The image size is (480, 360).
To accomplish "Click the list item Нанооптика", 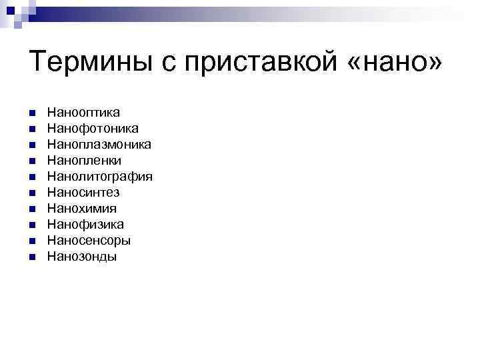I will click(x=83, y=112).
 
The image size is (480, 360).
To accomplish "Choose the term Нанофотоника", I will click(x=93, y=128).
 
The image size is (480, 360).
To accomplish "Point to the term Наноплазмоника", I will click(x=99, y=144).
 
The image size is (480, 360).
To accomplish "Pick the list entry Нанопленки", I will click(x=84, y=160).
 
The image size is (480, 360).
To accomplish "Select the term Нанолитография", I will click(x=99, y=177).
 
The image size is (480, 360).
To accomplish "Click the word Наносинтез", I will click(x=83, y=193).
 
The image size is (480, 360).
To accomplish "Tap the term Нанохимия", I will click(x=81, y=209).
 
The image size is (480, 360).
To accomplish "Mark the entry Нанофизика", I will click(x=85, y=225).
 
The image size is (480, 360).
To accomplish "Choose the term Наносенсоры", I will click(x=89, y=241).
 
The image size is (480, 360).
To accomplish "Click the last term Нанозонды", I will click(x=81, y=257).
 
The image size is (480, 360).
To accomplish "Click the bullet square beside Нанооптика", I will click(x=33, y=113).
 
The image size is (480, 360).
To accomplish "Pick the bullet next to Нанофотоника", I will click(x=33, y=129).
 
